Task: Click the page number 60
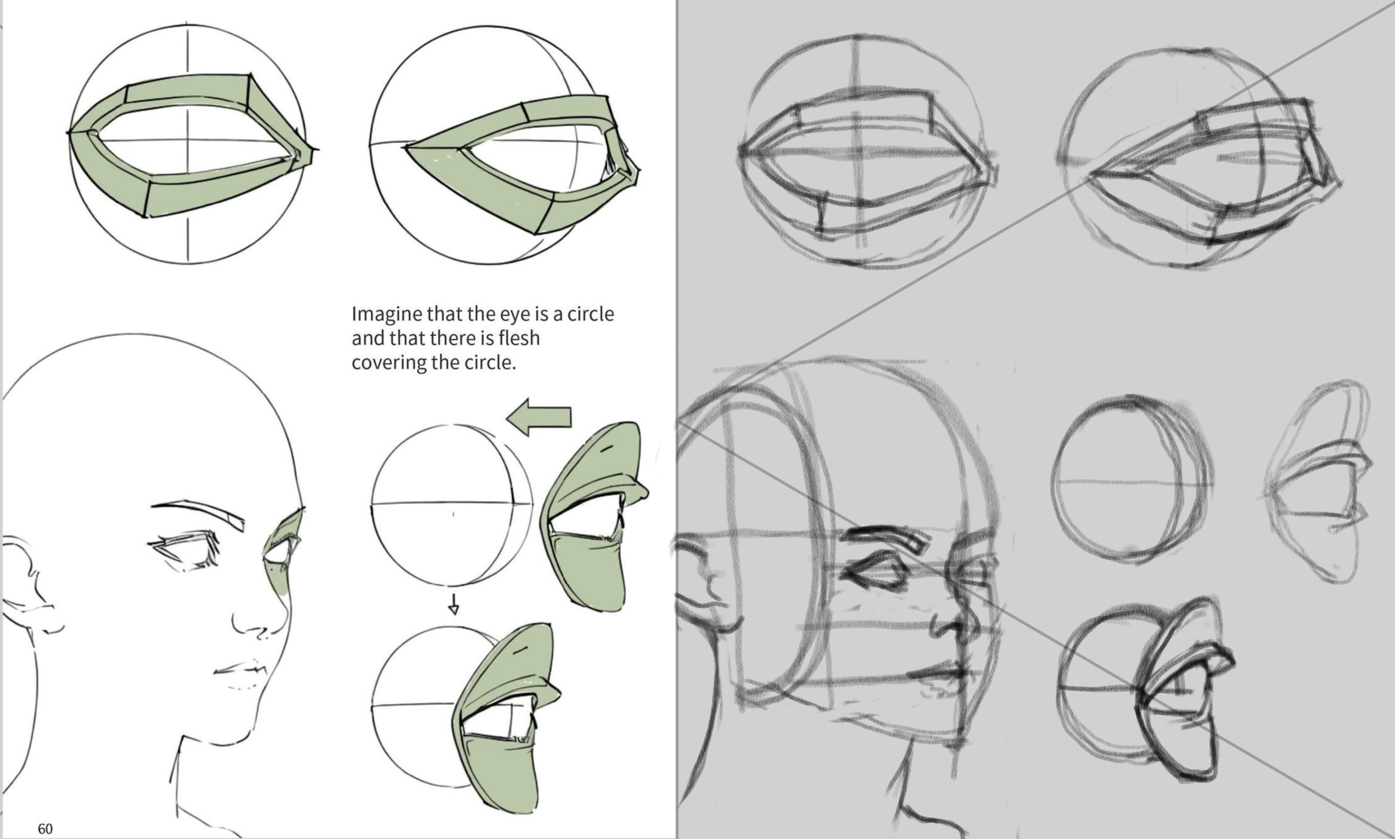pyautogui.click(x=45, y=829)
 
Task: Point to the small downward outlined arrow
pyautogui.click(x=453, y=604)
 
